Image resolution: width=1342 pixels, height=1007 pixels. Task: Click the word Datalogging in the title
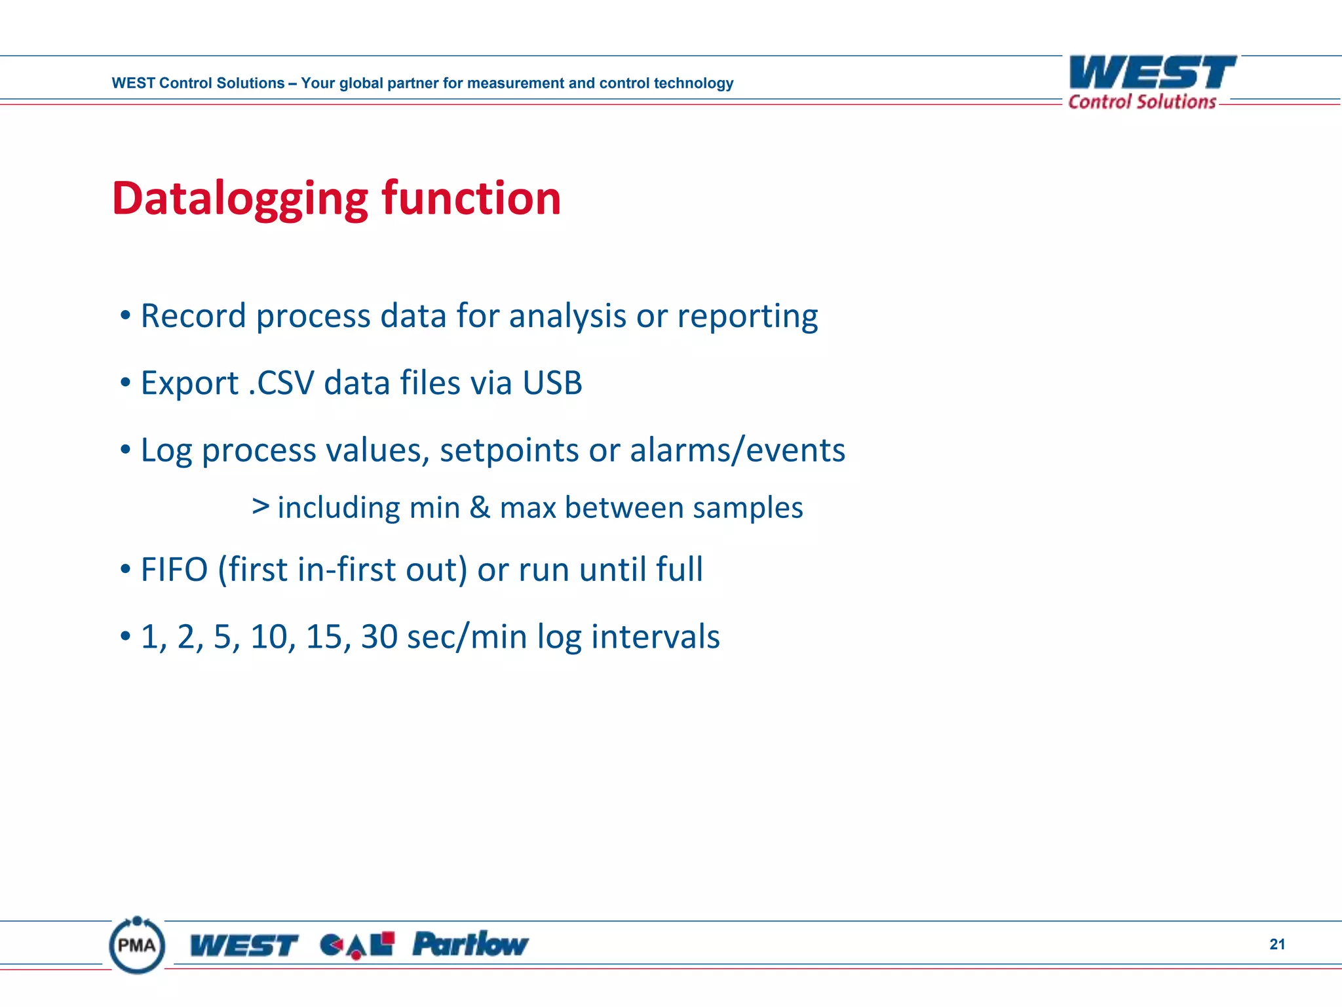tap(240, 199)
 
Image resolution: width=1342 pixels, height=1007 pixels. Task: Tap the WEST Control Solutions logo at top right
tap(1151, 82)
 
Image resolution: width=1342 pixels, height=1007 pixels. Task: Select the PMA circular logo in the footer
tap(137, 945)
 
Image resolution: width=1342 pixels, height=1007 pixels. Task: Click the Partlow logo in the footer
tap(470, 945)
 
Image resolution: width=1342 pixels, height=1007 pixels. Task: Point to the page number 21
tap(1276, 944)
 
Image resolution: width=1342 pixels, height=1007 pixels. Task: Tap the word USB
tap(552, 383)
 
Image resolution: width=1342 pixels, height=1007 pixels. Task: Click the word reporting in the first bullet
tap(747, 316)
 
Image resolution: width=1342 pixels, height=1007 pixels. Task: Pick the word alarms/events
tap(737, 450)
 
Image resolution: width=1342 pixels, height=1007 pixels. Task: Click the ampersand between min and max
tap(480, 507)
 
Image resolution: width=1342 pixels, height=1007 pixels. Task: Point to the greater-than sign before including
tap(261, 506)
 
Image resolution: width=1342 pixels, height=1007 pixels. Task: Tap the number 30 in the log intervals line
tap(379, 637)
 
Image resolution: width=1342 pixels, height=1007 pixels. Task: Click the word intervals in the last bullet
tap(655, 637)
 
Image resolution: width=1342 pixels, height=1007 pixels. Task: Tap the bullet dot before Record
tap(126, 316)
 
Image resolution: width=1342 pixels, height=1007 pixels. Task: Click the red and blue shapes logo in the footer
tap(357, 945)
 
